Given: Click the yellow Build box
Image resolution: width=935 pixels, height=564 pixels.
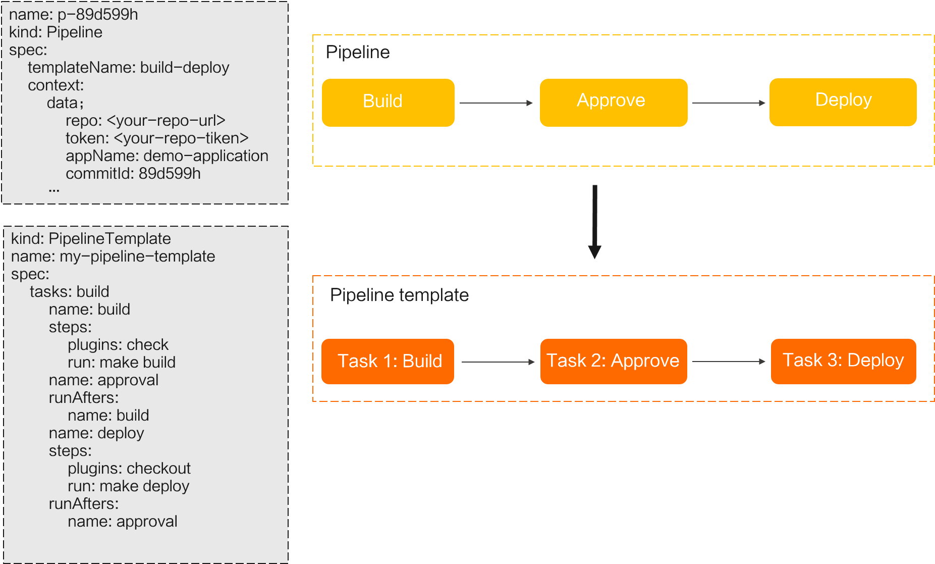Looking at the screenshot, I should [x=388, y=102].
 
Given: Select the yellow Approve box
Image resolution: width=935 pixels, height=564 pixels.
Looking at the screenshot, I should [x=613, y=102].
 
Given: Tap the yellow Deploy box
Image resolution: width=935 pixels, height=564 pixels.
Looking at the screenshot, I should [x=843, y=102].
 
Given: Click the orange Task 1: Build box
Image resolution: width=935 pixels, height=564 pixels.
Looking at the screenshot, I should [x=388, y=362].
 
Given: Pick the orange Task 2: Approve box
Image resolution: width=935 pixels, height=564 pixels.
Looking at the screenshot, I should [x=613, y=362].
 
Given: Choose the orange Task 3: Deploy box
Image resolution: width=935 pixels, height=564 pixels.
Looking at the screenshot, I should [x=843, y=362].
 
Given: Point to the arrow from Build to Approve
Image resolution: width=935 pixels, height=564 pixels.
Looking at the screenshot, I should [x=496, y=103].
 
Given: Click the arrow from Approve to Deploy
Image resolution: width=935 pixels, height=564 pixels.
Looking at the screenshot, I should [x=728, y=103].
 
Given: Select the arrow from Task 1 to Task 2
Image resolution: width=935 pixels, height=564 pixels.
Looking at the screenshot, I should [x=498, y=362].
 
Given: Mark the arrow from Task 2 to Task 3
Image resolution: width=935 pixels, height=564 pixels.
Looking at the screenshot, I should [x=728, y=362].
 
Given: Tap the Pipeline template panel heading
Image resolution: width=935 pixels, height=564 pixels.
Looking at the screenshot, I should [x=399, y=295].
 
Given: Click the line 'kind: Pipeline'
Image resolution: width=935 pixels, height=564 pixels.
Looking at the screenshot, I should [x=56, y=32].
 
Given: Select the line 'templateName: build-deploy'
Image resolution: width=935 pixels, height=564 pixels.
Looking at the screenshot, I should [x=128, y=68].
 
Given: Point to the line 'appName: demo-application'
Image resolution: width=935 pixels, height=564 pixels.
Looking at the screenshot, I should [x=167, y=156].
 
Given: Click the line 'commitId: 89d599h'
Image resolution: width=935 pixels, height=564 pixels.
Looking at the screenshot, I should [x=133, y=174].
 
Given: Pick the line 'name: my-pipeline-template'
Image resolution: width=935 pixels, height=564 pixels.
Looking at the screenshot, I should [x=113, y=257].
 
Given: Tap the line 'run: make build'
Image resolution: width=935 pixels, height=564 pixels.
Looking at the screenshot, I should [x=122, y=363].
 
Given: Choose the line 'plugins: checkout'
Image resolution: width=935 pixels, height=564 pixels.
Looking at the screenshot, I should [x=129, y=469].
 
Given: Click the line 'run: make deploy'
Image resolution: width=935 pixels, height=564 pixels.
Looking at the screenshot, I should [x=128, y=486].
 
